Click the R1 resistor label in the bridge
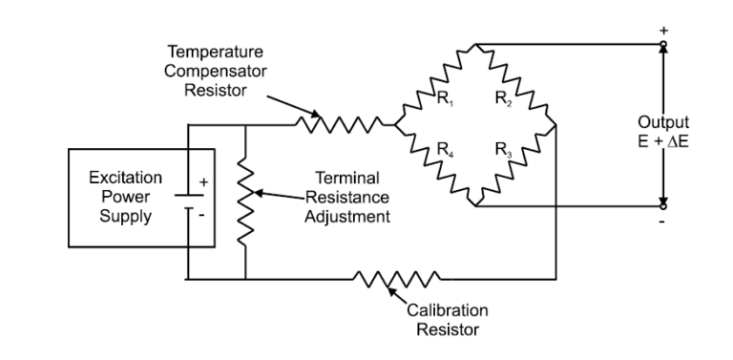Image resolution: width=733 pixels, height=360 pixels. tap(445, 97)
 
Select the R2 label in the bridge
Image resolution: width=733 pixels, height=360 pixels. tap(502, 97)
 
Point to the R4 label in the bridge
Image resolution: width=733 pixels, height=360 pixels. tap(445, 149)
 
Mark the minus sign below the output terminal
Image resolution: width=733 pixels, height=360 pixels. tap(664, 222)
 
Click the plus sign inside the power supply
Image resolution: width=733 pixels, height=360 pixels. tap(202, 181)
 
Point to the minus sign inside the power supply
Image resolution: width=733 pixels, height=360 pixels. tap(202, 215)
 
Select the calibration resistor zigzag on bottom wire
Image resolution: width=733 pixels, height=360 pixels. tap(396, 279)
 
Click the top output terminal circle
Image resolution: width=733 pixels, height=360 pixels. tap(664, 43)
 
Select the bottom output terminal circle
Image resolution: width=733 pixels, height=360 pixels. tap(664, 204)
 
